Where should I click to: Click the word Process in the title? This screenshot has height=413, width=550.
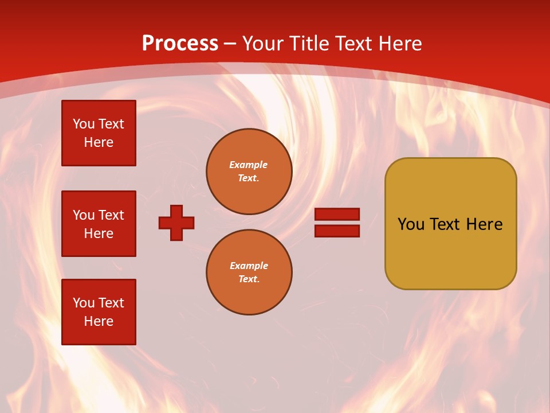tap(180, 44)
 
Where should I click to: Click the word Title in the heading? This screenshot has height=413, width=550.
tap(308, 44)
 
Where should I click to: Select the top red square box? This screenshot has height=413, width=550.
tap(99, 133)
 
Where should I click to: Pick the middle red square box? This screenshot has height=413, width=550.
tap(99, 224)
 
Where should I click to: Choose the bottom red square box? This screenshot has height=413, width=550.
tap(99, 312)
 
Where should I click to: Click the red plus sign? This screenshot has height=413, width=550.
tap(176, 223)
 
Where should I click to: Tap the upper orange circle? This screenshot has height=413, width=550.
tap(249, 172)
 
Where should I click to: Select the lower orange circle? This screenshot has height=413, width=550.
tap(249, 272)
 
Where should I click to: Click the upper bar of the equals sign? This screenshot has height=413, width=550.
tap(337, 214)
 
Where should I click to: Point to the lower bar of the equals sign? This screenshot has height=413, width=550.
tap(337, 231)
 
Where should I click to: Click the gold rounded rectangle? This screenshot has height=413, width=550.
tap(450, 252)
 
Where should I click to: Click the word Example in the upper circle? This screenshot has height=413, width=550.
tap(249, 165)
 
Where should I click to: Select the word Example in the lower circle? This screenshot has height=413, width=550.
tap(249, 266)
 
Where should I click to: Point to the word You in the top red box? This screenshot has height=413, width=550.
tap(83, 124)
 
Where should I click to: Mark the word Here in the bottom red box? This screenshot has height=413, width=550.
tap(99, 321)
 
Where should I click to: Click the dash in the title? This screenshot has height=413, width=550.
tap(230, 44)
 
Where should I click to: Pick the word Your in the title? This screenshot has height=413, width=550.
tap(261, 44)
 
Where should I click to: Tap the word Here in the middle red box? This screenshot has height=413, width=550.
tap(99, 233)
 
